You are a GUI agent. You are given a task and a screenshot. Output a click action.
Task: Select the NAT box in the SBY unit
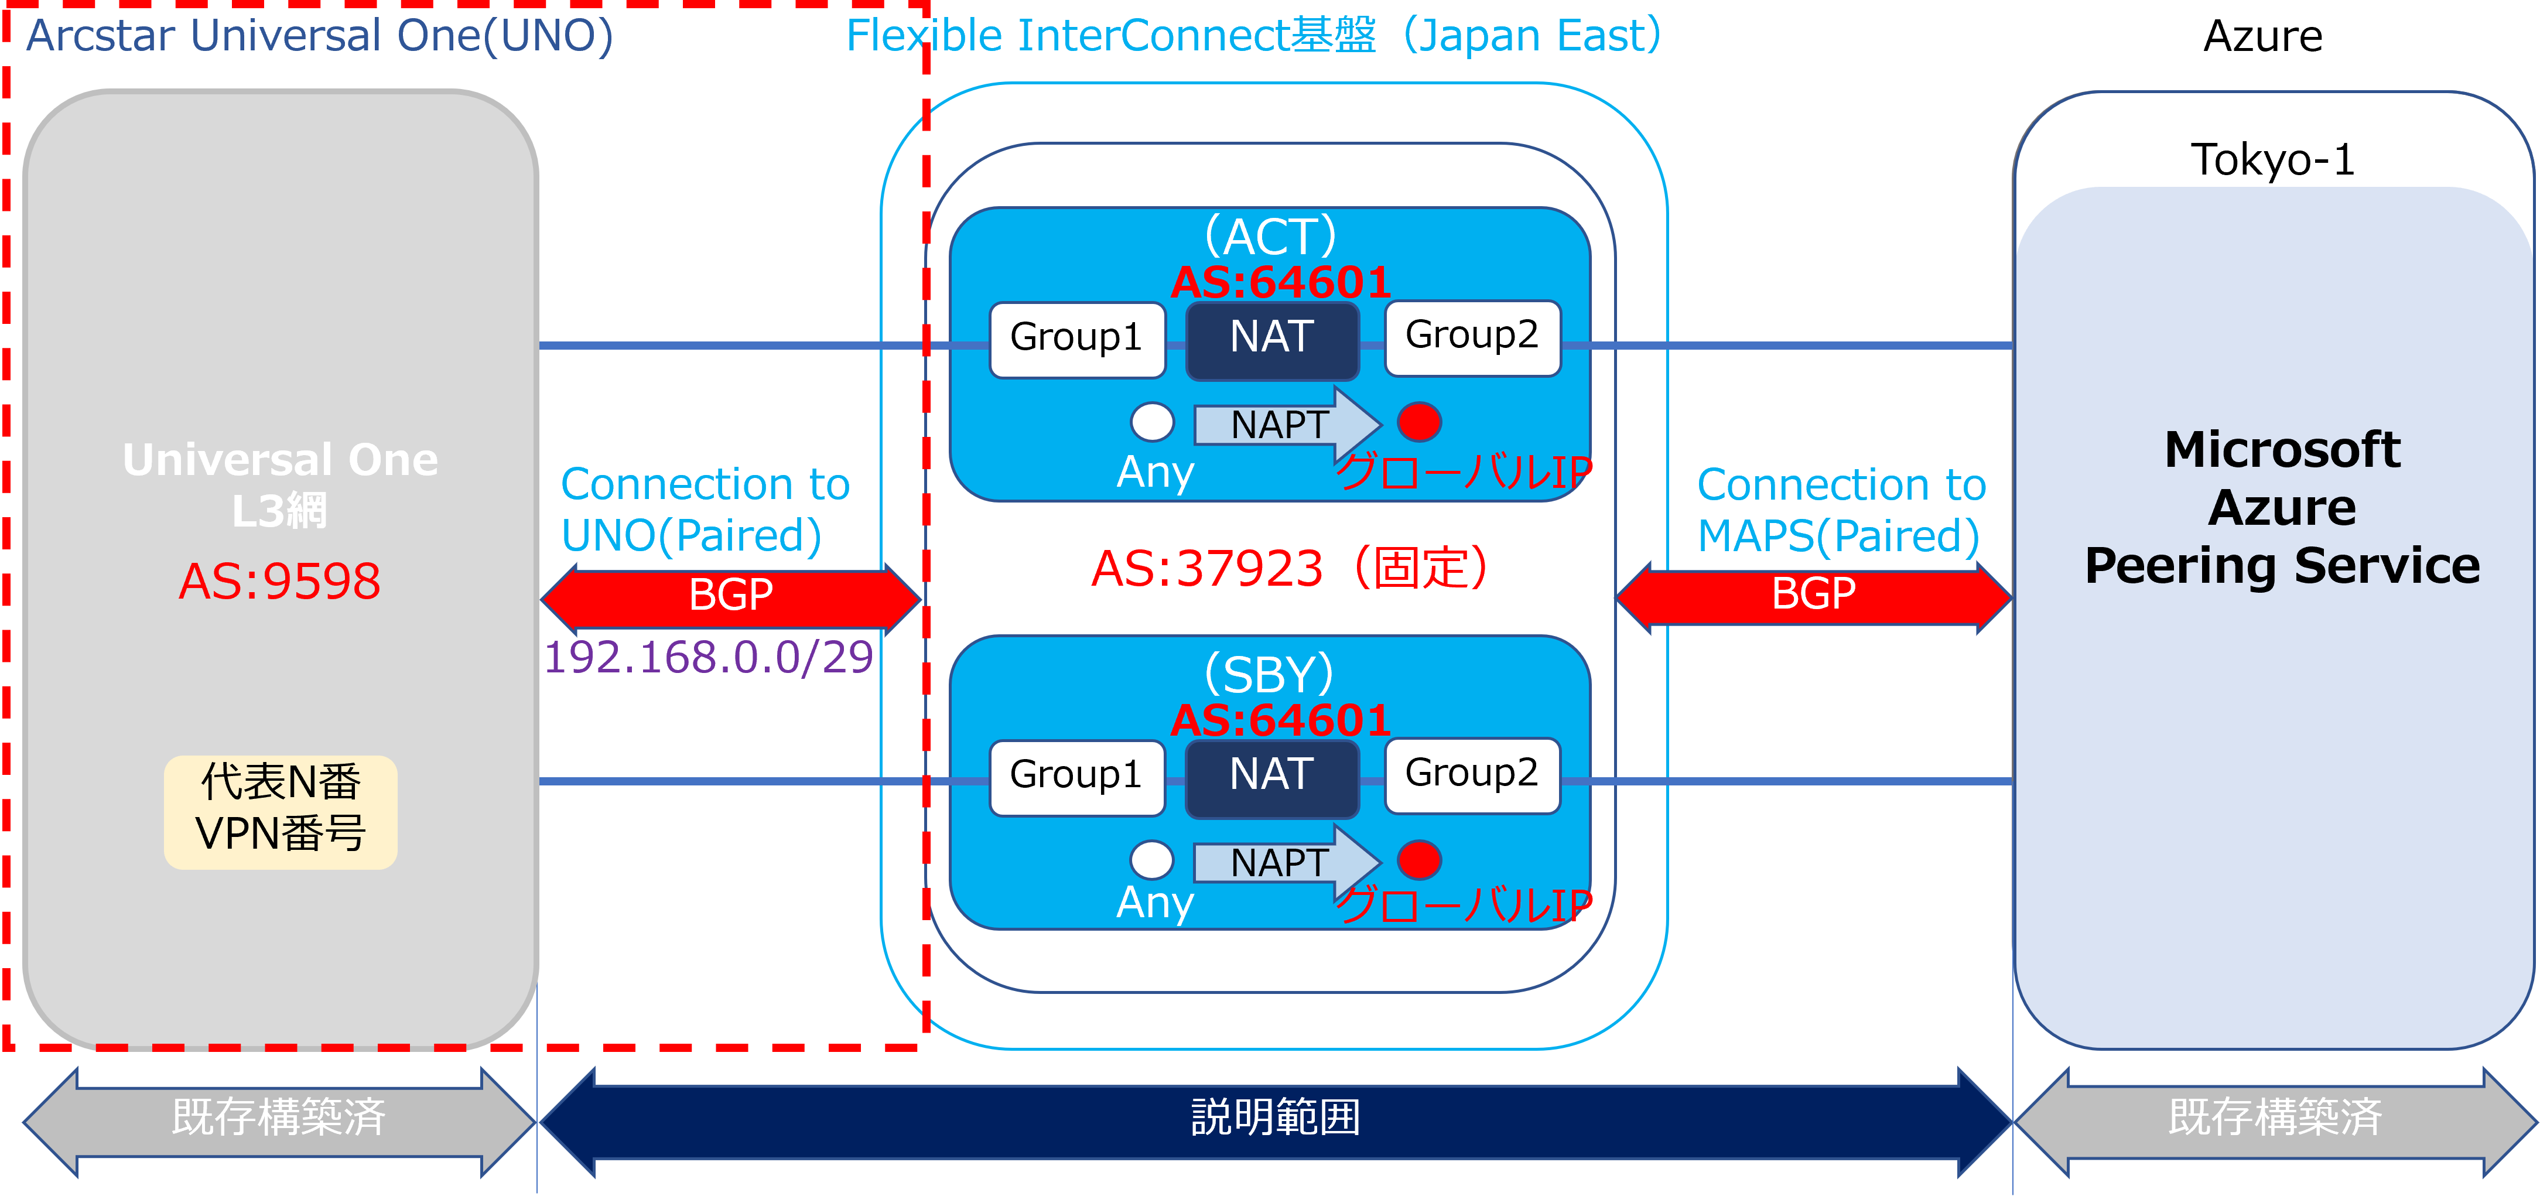1272,778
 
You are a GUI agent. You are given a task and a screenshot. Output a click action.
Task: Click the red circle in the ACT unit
1419,422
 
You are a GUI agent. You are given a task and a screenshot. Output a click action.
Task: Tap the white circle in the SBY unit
1151,860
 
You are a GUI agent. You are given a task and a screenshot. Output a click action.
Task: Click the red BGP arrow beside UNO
731,597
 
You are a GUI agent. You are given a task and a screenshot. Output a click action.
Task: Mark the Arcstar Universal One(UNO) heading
319,36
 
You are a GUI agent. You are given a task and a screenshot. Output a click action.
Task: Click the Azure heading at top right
2263,36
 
